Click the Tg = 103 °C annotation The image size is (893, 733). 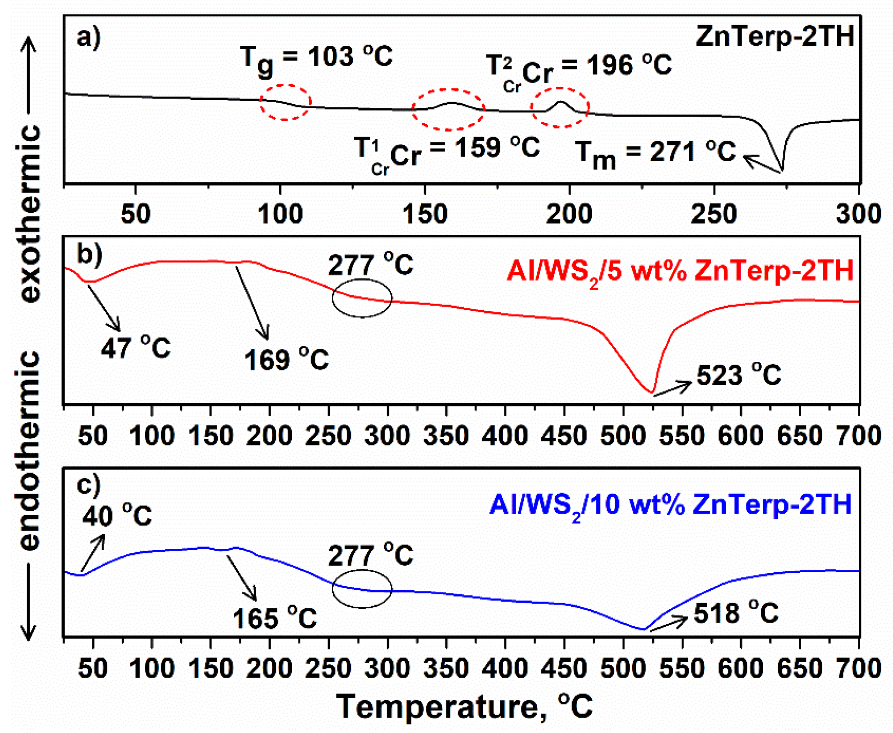coord(316,59)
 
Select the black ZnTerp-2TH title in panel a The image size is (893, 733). coord(774,37)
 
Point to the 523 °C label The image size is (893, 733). coord(738,375)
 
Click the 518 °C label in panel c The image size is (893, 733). coord(736,613)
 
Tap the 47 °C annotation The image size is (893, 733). coord(135,348)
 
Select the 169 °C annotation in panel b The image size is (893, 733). coord(286,360)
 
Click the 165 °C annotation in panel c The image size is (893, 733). coord(275,618)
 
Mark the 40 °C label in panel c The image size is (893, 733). coord(117,516)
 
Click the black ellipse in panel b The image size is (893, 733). coord(362,298)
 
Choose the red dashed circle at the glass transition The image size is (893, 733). coord(285,102)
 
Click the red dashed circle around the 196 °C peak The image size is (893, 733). coord(559,107)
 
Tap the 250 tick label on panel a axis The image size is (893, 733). coord(714,214)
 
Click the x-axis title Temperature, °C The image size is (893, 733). coord(464,706)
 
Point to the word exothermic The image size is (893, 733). coord(30,213)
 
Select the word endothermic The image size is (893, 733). coord(30,450)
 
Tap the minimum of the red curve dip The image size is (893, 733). coord(651,391)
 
